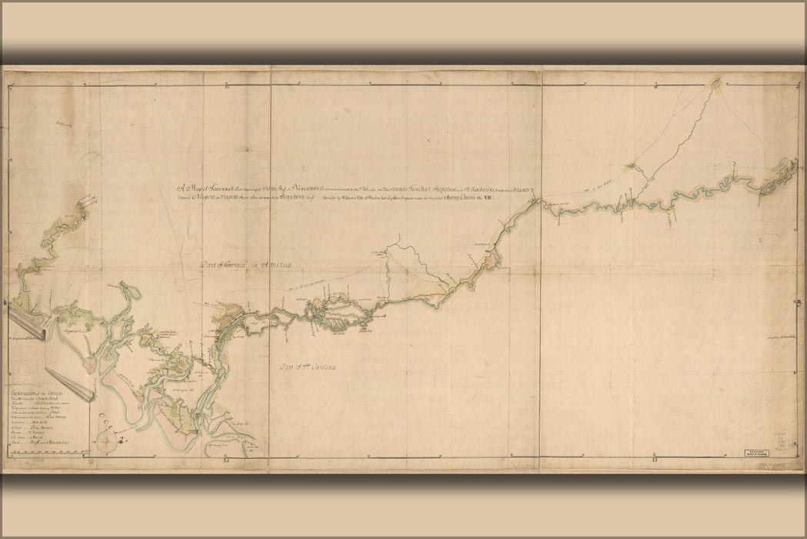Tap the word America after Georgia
click(275, 264)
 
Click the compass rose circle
click(105, 442)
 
